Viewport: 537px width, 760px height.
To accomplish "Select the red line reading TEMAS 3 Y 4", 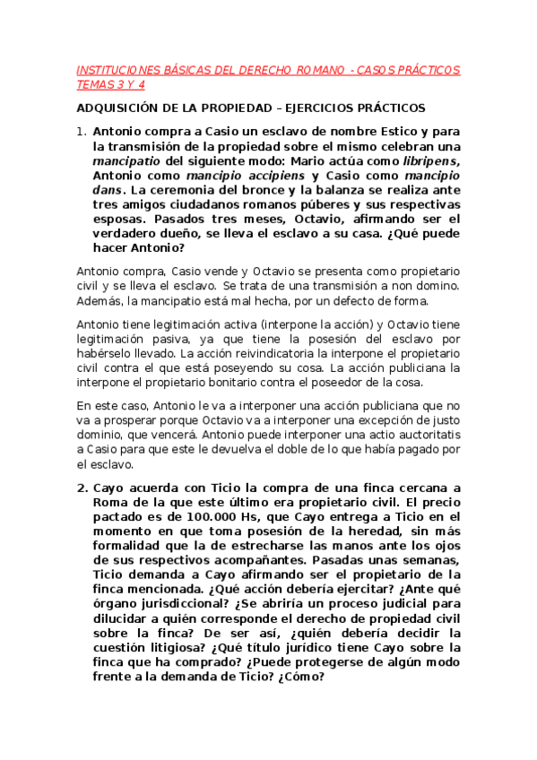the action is (x=111, y=84).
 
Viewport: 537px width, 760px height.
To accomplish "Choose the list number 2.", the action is (x=82, y=488).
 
